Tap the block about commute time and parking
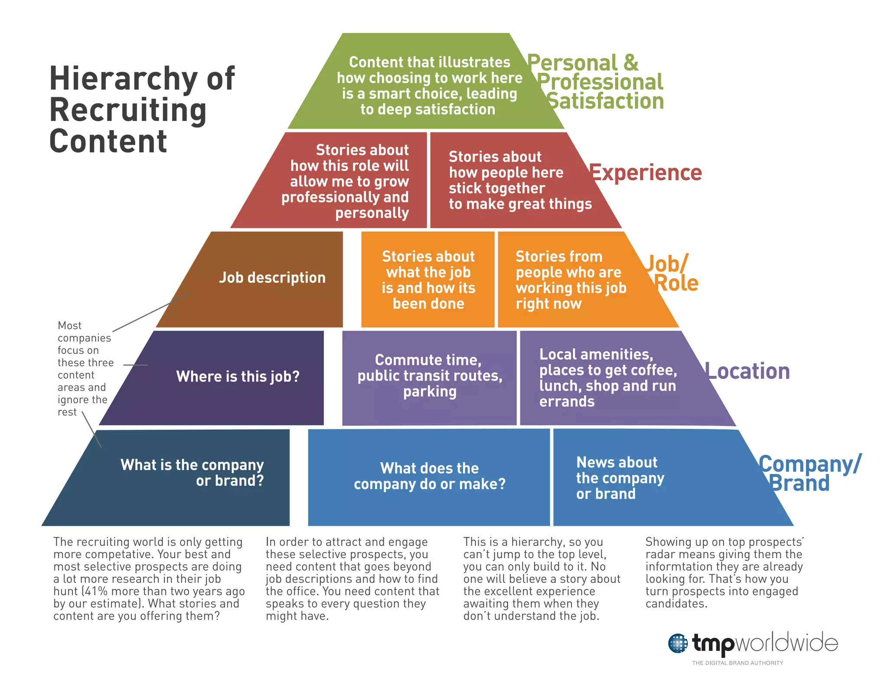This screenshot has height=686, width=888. coord(429,376)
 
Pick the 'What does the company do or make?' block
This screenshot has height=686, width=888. coord(429,477)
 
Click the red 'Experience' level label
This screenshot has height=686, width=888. coord(646,173)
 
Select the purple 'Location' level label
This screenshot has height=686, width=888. coord(748,372)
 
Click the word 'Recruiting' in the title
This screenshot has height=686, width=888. coord(128,110)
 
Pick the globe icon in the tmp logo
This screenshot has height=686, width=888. coord(678,643)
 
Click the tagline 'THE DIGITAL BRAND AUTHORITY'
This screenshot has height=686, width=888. coord(738,663)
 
